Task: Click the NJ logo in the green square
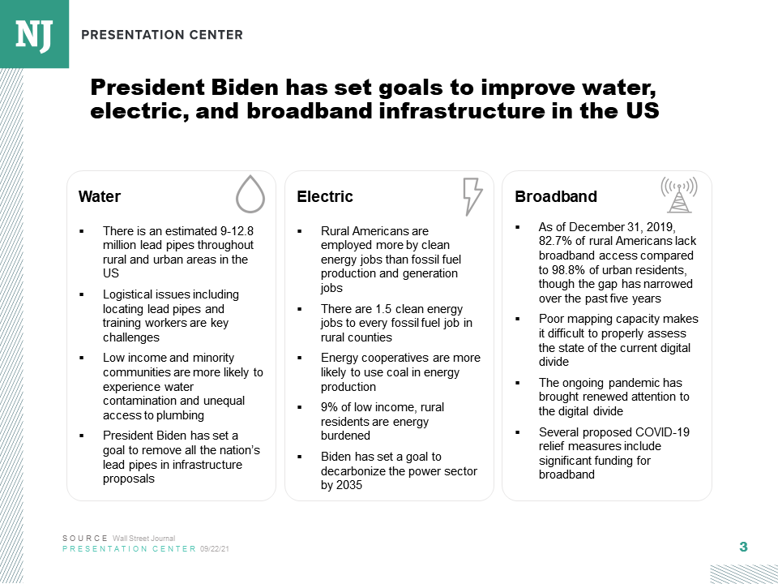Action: click(34, 34)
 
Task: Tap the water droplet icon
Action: click(250, 195)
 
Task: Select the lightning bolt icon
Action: click(471, 196)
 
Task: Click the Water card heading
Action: click(100, 197)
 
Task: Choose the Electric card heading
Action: click(325, 197)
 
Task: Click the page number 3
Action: click(743, 547)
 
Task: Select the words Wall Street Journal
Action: click(143, 539)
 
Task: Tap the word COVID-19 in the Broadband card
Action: click(661, 432)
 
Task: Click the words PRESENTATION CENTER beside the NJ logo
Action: click(162, 35)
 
